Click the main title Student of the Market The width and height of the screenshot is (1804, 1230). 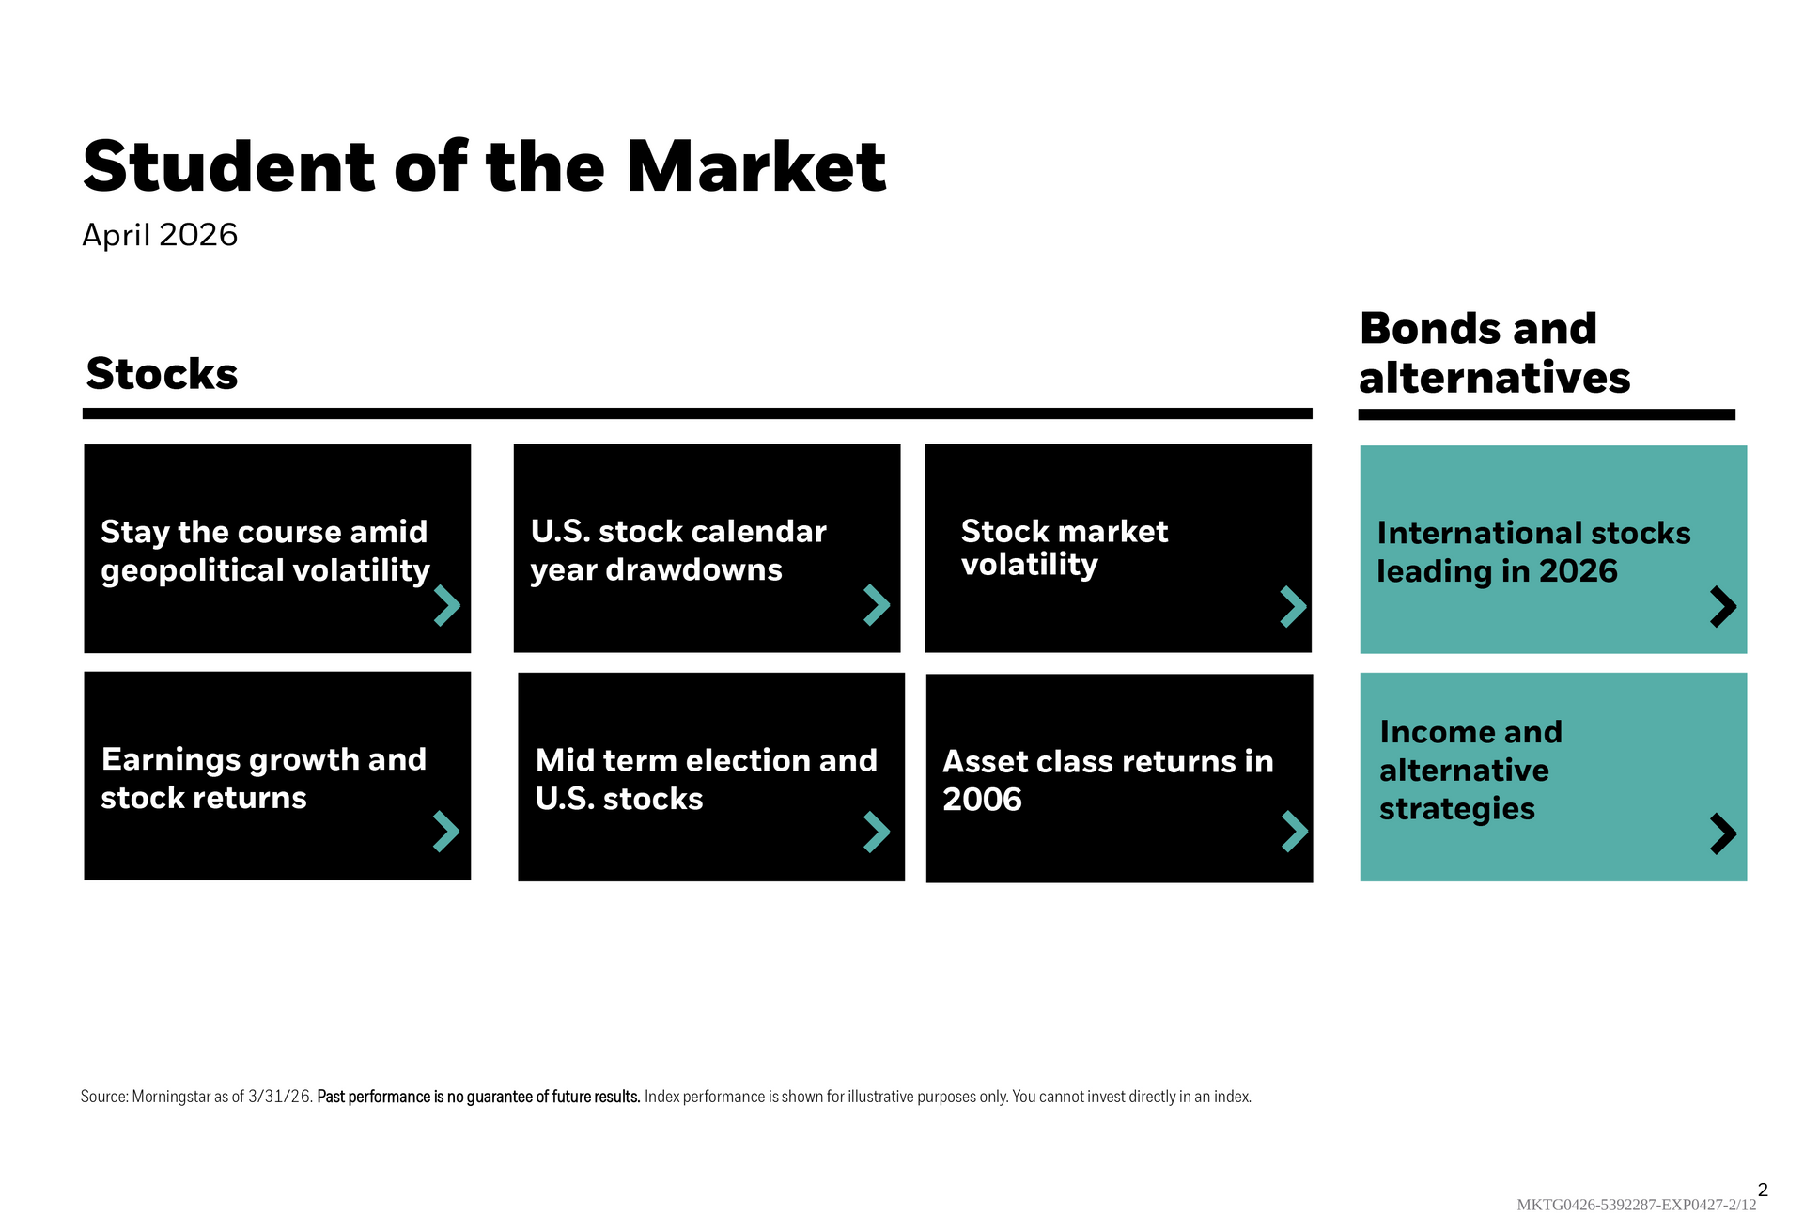point(484,167)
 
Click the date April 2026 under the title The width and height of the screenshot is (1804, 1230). point(160,235)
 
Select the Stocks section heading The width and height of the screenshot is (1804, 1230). point(162,373)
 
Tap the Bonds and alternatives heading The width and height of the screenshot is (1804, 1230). point(1494,353)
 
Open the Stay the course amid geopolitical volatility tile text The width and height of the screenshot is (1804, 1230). point(265,551)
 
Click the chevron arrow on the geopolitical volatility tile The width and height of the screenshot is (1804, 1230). point(447,606)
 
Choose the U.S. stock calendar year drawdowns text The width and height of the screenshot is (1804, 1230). point(678,550)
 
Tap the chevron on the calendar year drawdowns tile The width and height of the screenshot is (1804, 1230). point(877,605)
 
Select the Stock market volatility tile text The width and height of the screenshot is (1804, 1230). point(1065,548)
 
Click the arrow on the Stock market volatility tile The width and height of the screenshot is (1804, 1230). point(1294,606)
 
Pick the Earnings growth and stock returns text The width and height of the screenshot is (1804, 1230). point(264,778)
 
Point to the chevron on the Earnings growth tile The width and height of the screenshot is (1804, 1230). point(446,832)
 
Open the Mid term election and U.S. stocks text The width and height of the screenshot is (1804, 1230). point(707,779)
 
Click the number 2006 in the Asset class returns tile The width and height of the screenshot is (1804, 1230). point(982,800)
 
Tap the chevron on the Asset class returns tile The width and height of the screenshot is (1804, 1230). point(1296,832)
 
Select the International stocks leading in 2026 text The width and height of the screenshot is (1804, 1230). point(1533,552)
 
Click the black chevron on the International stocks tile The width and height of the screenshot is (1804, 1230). point(1723,607)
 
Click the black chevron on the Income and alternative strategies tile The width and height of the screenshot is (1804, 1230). point(1723,833)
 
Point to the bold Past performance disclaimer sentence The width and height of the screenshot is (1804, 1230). point(478,1097)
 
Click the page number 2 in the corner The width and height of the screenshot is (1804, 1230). point(1763,1190)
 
